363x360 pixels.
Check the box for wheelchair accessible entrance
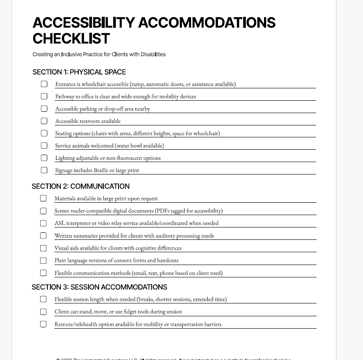tap(44, 84)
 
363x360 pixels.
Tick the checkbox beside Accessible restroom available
tap(44, 121)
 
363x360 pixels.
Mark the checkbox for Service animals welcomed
tap(44, 145)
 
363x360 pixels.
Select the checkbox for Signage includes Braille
tap(44, 170)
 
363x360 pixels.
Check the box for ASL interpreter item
tap(43, 223)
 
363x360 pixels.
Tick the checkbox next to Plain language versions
tap(43, 261)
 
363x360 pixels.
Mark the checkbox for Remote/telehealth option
tap(43, 324)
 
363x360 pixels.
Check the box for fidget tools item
tap(43, 312)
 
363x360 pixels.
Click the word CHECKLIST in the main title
tap(71, 39)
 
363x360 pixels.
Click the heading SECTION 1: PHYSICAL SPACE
tap(79, 72)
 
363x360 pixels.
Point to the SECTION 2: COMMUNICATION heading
tap(81, 186)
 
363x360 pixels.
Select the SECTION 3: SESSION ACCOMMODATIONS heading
tap(99, 287)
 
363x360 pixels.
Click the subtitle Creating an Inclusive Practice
tap(99, 54)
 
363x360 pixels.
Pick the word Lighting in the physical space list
tap(65, 158)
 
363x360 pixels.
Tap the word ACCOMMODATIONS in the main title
tap(207, 23)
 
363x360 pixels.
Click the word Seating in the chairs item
tap(64, 133)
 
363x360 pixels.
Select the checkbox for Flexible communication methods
tap(43, 273)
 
